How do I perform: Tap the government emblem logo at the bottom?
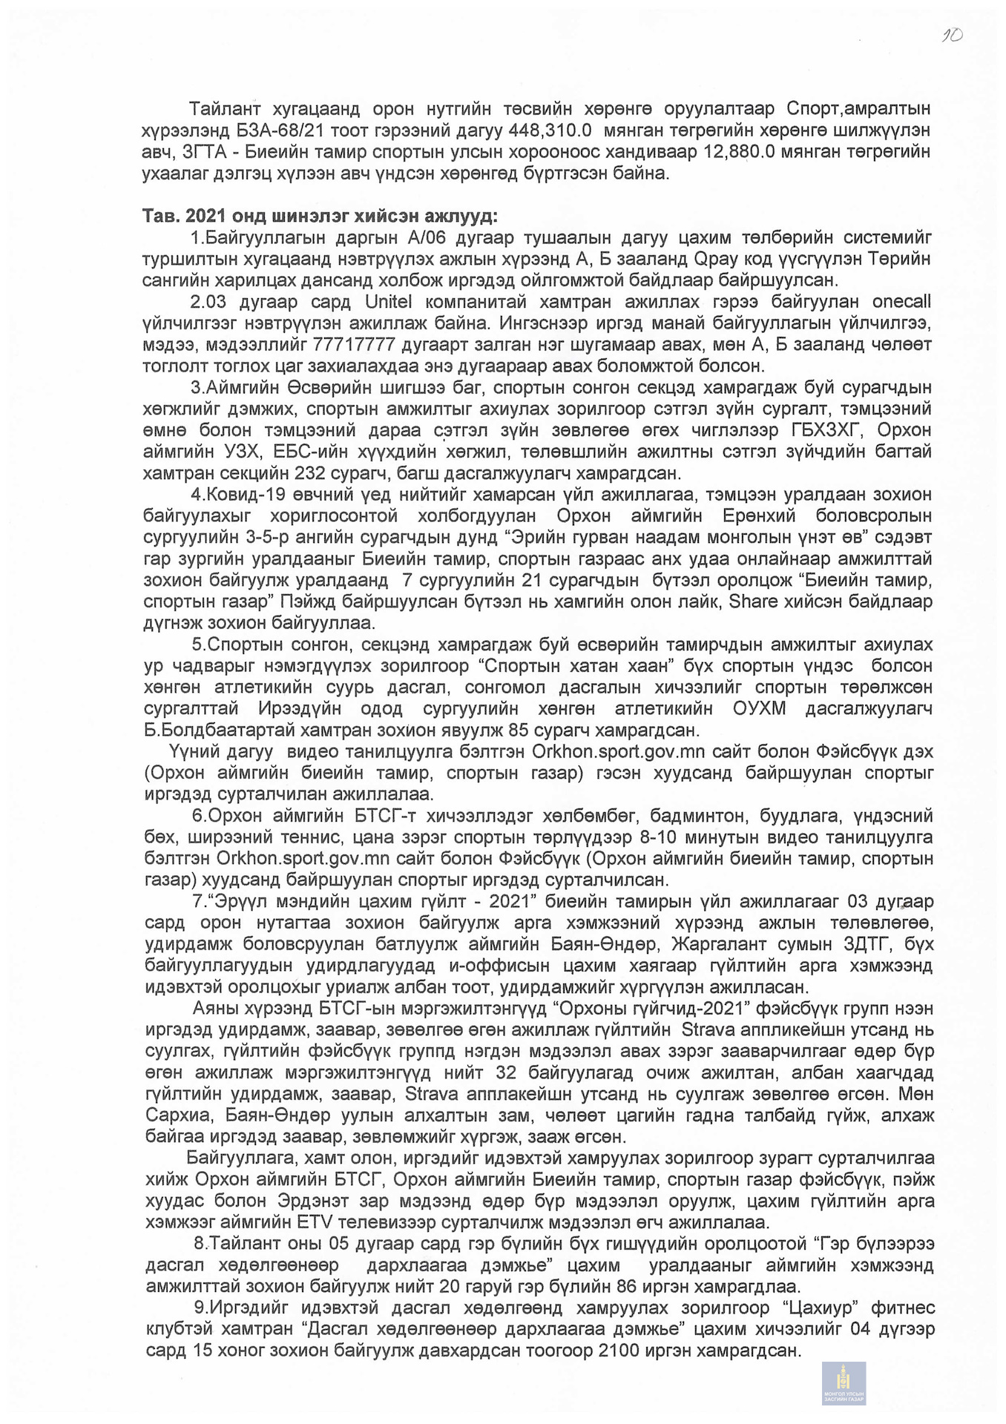[x=843, y=1383]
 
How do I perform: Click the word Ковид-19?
[x=242, y=495]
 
